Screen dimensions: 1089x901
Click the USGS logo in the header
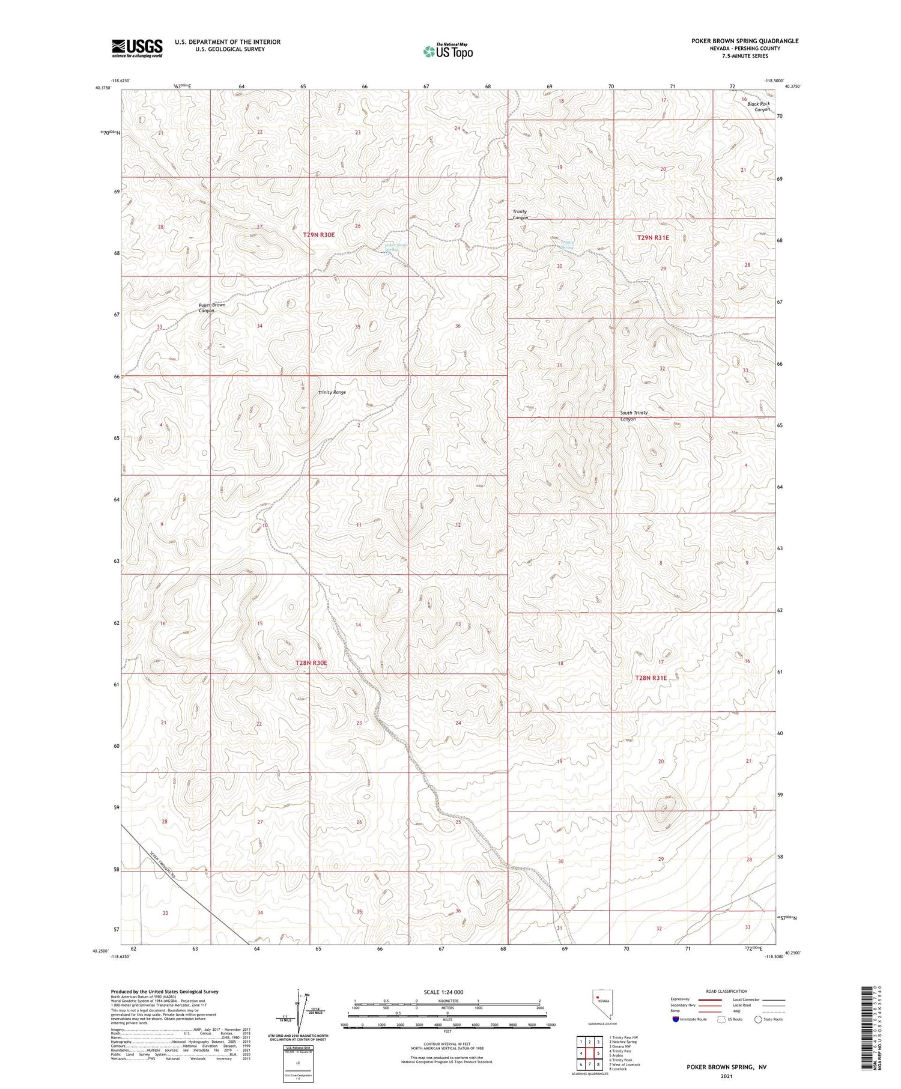[x=137, y=47]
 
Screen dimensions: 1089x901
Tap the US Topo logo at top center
[x=447, y=51]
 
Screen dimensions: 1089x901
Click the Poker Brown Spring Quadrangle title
[x=744, y=41]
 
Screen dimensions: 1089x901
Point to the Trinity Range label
[x=332, y=392]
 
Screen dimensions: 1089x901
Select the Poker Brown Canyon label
[x=211, y=308]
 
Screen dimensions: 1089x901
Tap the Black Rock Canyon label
[x=758, y=107]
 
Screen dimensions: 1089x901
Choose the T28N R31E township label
[x=651, y=678]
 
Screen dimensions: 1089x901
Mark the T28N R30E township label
[x=311, y=663]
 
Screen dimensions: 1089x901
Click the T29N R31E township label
[x=652, y=238]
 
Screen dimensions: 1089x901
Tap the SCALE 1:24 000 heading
[x=443, y=992]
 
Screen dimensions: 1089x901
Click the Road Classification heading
[x=727, y=991]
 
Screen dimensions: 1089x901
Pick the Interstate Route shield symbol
[x=676, y=1019]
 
